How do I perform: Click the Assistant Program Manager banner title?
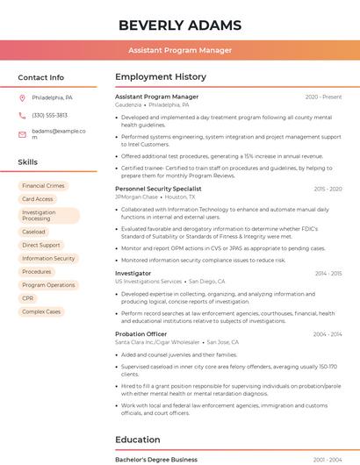click(x=180, y=50)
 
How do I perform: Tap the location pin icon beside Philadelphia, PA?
click(x=22, y=97)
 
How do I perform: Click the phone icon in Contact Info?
click(x=22, y=115)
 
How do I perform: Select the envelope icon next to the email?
click(x=22, y=134)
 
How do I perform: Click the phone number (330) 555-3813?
click(x=49, y=115)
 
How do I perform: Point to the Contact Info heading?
click(x=40, y=77)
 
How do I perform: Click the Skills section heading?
click(x=27, y=162)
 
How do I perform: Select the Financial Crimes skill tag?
click(x=43, y=186)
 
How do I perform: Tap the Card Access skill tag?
click(x=38, y=199)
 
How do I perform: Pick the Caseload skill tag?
click(x=33, y=232)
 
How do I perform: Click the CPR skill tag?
click(x=28, y=298)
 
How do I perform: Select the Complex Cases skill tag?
click(x=41, y=311)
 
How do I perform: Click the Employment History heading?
click(x=161, y=77)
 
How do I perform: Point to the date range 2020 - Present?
click(x=323, y=97)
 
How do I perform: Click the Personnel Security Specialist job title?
click(x=158, y=189)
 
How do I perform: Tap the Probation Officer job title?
click(x=140, y=334)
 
